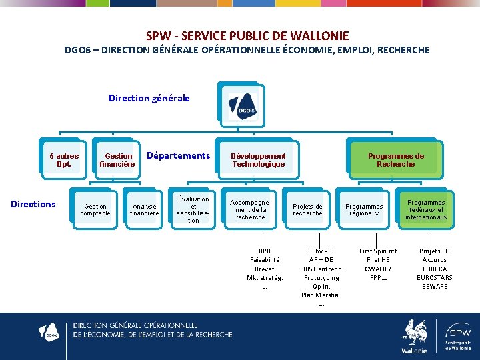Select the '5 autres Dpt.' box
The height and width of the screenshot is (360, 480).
click(x=64, y=160)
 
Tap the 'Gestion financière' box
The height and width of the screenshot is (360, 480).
click(x=118, y=160)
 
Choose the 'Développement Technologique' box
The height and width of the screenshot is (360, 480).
click(x=258, y=160)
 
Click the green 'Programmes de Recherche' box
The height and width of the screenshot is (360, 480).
click(x=395, y=160)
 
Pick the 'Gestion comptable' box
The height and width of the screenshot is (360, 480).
click(x=95, y=210)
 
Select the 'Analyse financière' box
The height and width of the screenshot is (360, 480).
click(x=145, y=210)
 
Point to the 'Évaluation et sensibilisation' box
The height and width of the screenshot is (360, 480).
click(x=193, y=209)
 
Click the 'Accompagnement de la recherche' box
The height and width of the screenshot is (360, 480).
click(x=251, y=209)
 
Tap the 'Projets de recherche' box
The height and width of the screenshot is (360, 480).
click(x=307, y=210)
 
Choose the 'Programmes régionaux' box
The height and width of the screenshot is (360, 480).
click(x=364, y=210)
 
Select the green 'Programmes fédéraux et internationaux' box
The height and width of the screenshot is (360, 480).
click(x=426, y=210)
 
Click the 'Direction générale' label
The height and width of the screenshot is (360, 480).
click(x=149, y=98)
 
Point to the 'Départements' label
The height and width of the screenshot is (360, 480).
click(x=178, y=155)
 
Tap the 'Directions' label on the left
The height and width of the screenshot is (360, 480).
click(x=33, y=204)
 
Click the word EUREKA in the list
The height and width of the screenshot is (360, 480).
click(x=435, y=269)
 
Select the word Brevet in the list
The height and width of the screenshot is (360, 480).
click(x=265, y=269)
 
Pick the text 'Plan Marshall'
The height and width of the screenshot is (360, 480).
click(x=321, y=295)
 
